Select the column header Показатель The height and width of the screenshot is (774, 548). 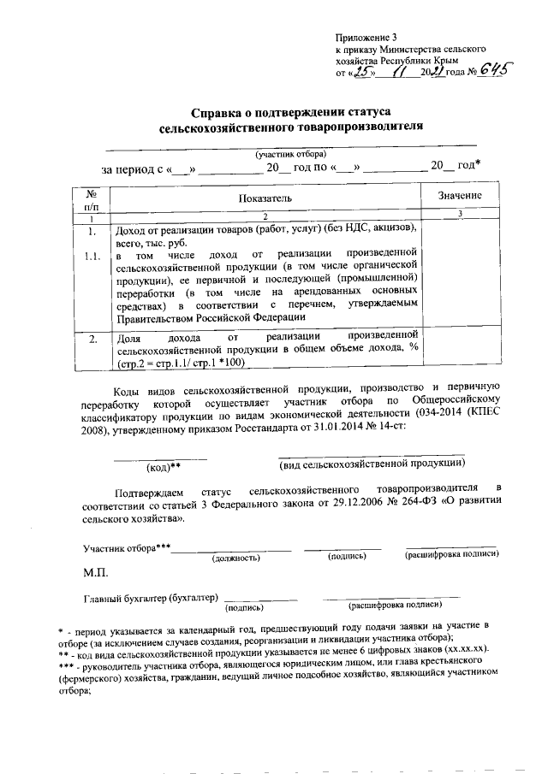point(265,198)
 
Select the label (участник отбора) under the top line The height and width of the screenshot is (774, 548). point(289,154)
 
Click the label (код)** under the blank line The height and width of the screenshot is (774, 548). point(163,467)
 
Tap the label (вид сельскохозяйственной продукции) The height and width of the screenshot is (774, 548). point(372,463)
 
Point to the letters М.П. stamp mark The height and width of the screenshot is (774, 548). point(96,570)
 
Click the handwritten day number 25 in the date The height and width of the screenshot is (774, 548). point(367,74)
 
